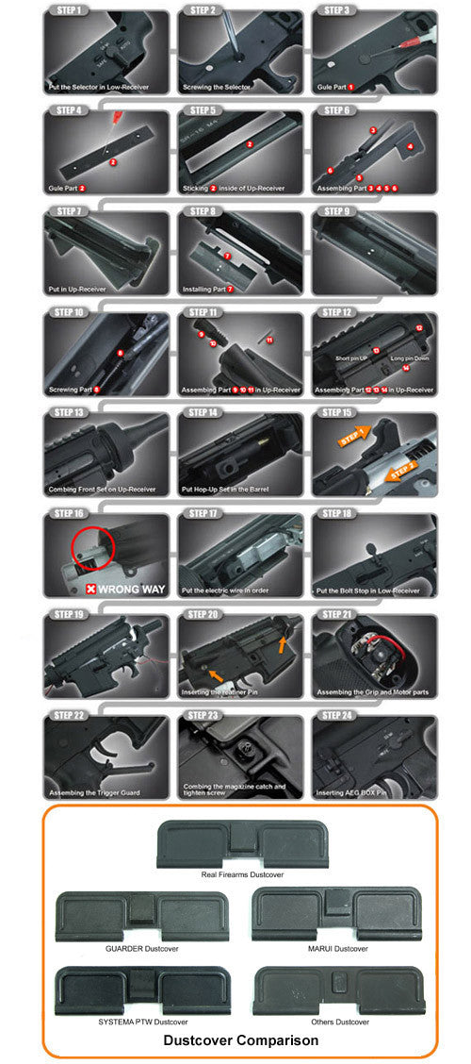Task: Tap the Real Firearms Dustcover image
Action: pyautogui.click(x=241, y=843)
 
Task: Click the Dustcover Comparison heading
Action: pyautogui.click(x=241, y=1040)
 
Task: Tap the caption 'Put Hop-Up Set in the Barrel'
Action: pyautogui.click(x=227, y=490)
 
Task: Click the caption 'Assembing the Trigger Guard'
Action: pyautogui.click(x=94, y=793)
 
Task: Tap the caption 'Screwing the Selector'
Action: pyautogui.click(x=217, y=87)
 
